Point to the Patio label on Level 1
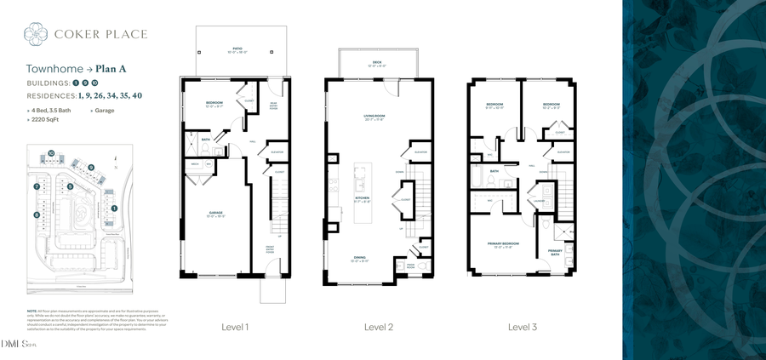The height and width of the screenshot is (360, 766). point(237,50)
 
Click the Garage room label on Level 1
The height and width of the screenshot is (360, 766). point(216,214)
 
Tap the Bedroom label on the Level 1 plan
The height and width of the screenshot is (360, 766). point(214,104)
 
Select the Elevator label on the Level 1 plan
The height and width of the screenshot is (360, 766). point(276,152)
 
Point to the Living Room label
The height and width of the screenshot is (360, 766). point(374,117)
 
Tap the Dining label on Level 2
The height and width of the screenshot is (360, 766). point(359,258)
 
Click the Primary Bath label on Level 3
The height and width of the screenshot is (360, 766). point(555,252)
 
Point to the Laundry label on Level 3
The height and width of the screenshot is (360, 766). point(540,202)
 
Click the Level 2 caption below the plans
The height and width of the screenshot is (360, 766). point(378,327)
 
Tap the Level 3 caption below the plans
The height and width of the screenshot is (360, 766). point(522,327)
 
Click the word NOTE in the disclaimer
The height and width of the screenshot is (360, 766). point(31,311)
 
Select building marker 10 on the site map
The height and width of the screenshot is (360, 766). point(51,153)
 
